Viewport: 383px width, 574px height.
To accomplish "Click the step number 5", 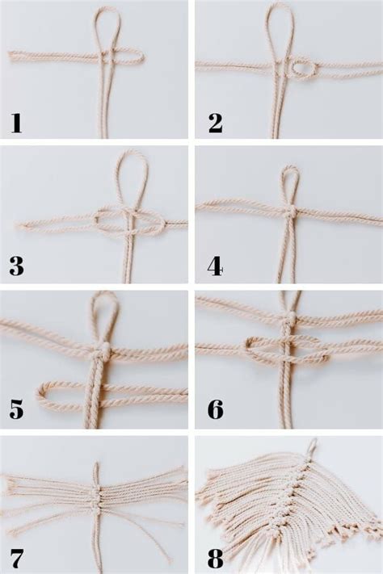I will (x=17, y=409).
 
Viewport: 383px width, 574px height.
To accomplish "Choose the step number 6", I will (x=216, y=409).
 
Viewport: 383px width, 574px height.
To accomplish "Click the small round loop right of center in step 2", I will (x=305, y=69).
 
